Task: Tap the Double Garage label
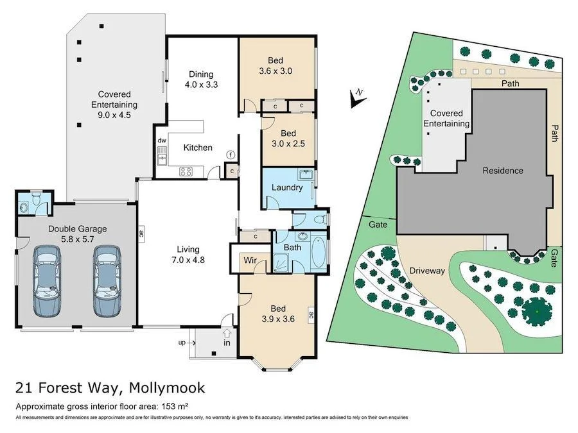click(x=77, y=228)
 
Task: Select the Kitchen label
click(x=198, y=148)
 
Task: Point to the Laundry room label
click(x=287, y=187)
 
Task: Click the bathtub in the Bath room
click(x=319, y=255)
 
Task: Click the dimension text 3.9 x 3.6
click(x=277, y=316)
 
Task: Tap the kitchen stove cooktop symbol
click(x=187, y=171)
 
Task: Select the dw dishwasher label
click(x=162, y=140)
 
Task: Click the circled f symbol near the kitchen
click(x=231, y=155)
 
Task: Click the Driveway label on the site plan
click(x=427, y=271)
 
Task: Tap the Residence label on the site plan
click(x=503, y=171)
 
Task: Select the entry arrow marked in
click(x=227, y=336)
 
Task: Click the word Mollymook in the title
click(x=167, y=388)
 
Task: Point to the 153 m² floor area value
click(x=175, y=406)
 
